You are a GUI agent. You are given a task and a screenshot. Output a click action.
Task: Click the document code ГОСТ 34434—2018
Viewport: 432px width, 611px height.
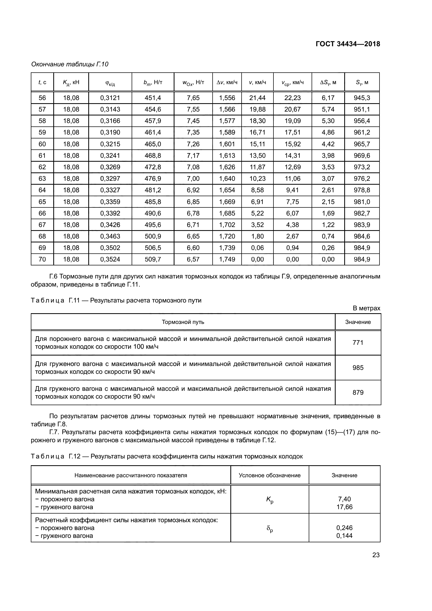(348, 44)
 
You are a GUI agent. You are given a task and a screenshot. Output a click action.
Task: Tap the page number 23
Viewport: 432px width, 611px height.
(376, 555)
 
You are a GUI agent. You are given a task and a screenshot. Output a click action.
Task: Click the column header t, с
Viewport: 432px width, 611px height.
(42, 83)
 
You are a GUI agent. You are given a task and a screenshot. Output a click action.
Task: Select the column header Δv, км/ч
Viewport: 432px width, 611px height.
(227, 83)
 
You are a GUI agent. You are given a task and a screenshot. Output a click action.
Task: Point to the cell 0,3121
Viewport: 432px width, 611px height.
(110, 98)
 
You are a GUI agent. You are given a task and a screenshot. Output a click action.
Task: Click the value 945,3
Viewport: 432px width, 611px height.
(362, 98)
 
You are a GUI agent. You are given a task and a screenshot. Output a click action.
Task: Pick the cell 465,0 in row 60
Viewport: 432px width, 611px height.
(153, 144)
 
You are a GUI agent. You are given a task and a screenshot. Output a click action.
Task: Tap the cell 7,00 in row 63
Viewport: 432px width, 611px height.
(193, 179)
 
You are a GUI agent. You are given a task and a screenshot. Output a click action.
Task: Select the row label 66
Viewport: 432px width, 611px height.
(42, 213)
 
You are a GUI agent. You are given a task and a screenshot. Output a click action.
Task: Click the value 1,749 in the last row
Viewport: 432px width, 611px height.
(227, 259)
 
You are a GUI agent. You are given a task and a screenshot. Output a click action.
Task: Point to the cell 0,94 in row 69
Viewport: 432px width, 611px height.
(292, 248)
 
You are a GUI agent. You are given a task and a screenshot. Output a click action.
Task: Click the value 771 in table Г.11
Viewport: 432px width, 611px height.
(358, 342)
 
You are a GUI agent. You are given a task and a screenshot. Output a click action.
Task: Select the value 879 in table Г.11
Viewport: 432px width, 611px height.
(358, 393)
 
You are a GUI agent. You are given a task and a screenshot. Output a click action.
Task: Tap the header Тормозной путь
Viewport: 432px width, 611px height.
(183, 322)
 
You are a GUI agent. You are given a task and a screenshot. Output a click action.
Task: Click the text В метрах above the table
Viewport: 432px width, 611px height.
(366, 308)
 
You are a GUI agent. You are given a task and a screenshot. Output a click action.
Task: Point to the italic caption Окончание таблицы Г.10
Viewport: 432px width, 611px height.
(70, 64)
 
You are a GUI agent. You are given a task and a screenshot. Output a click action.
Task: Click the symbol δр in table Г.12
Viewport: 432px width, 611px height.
(270, 529)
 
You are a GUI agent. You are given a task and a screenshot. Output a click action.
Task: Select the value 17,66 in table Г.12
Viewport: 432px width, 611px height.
(345, 507)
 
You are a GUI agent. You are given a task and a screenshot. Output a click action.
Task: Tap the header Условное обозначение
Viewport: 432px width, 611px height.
(270, 475)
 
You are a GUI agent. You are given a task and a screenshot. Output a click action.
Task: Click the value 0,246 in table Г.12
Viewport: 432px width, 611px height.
(345, 528)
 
